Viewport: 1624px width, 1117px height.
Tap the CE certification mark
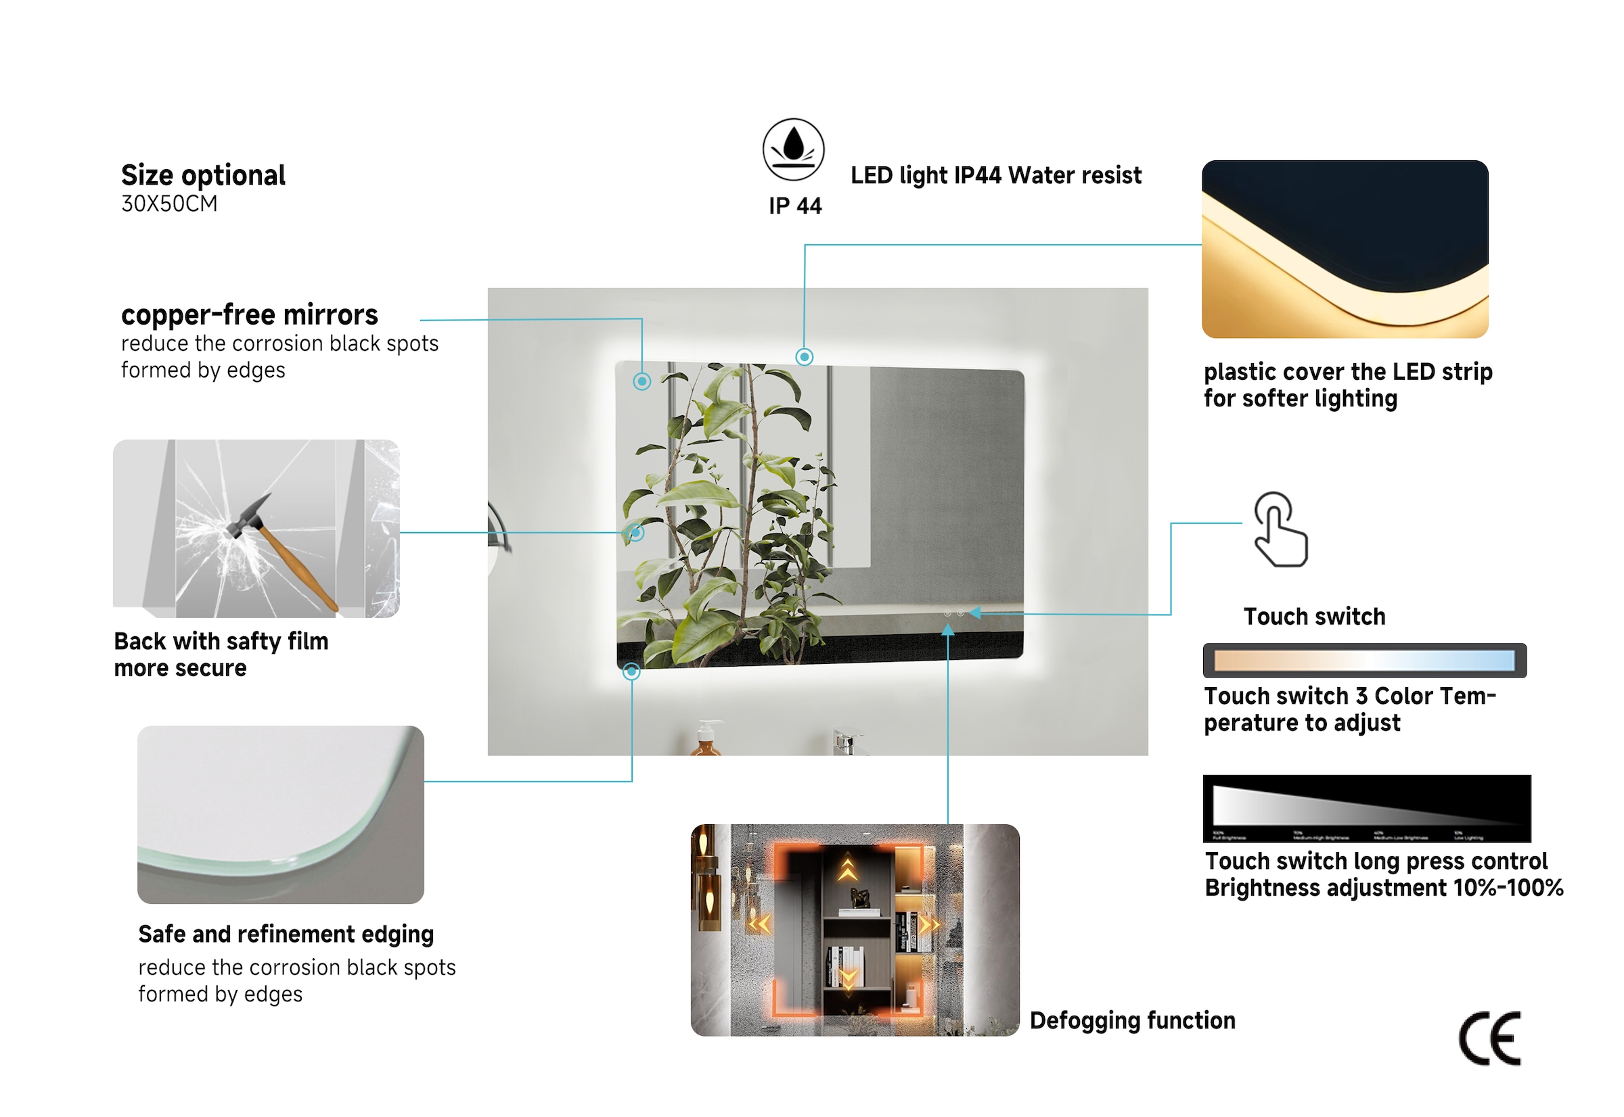pos(1490,1038)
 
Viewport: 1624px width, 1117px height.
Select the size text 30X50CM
pos(169,204)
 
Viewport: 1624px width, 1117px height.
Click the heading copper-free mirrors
pos(249,315)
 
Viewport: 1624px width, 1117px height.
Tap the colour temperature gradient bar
pos(1364,660)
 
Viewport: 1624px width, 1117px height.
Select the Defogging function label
pos(1131,1020)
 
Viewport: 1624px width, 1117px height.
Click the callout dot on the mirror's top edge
pos(805,357)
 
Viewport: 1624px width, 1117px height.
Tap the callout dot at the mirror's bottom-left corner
pos(631,672)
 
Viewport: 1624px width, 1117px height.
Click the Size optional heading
pos(203,175)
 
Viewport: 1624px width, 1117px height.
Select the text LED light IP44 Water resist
pos(995,175)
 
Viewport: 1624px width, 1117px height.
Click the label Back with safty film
pos(221,641)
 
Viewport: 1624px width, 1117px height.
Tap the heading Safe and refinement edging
pos(286,934)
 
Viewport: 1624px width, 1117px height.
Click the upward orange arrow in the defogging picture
pos(847,870)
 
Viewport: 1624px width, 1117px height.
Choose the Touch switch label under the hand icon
pos(1314,616)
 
